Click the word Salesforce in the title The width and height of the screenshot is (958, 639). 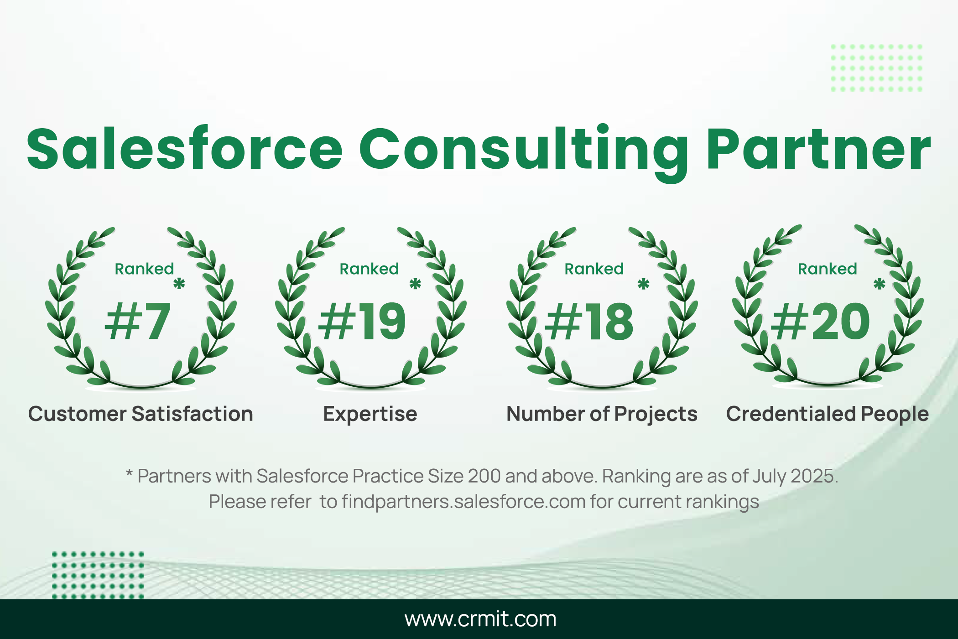[x=185, y=148]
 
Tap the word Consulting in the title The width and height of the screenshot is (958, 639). [x=524, y=153]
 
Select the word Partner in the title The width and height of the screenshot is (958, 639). [x=819, y=149]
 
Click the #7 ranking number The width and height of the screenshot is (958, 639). [x=138, y=321]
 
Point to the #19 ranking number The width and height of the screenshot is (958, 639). [x=362, y=321]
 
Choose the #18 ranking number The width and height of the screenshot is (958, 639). [x=589, y=322]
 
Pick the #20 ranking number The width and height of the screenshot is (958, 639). [x=820, y=322]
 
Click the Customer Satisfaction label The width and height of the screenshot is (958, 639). [x=141, y=414]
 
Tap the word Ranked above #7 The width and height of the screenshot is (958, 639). [x=144, y=269]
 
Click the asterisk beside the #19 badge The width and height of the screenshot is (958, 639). [x=415, y=284]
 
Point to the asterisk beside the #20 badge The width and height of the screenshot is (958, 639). [x=880, y=284]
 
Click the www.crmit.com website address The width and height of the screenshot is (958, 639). [x=480, y=619]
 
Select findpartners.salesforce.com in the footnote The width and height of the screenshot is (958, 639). [x=463, y=502]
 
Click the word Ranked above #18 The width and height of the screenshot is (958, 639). [x=594, y=269]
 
